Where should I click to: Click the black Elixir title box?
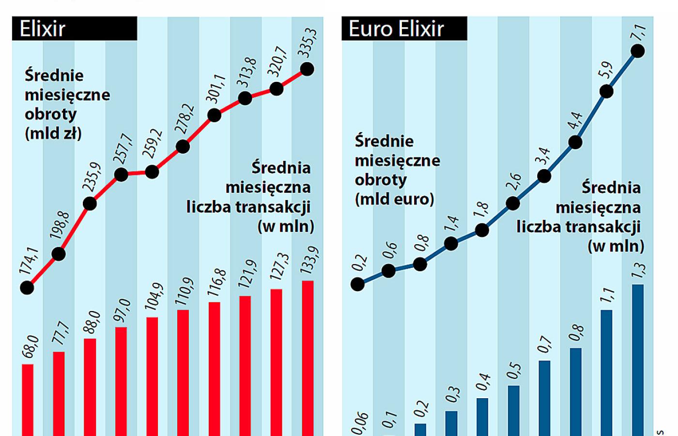(75, 29)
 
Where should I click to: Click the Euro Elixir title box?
(404, 29)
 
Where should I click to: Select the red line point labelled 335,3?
(307, 69)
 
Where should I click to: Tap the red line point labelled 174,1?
(27, 288)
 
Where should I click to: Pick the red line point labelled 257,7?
(121, 174)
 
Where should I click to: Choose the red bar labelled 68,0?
(28, 400)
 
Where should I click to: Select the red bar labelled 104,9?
(152, 376)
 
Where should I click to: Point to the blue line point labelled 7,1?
(638, 51)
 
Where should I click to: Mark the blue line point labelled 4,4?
(575, 142)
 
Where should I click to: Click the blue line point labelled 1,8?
(482, 230)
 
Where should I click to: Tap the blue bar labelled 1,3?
(638, 359)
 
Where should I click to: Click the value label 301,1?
(216, 89)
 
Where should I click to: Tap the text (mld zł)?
(53, 133)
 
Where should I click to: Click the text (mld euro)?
(394, 199)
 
